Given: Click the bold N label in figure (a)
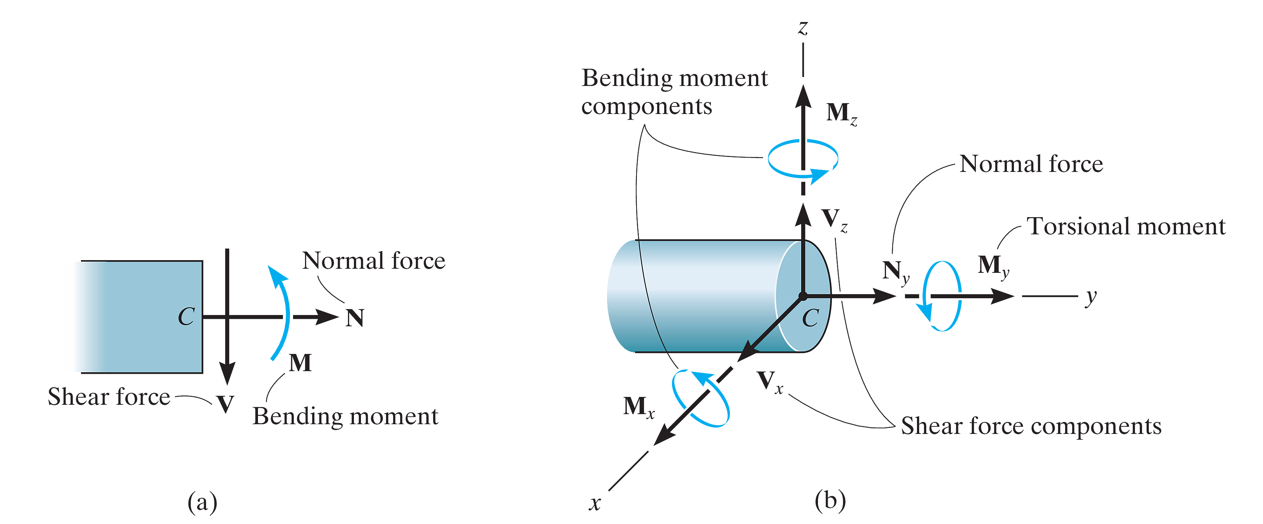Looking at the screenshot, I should (354, 318).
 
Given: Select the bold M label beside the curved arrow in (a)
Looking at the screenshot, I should (300, 363).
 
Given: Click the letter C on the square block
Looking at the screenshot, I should (186, 317).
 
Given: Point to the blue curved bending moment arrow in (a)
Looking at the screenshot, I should (283, 314).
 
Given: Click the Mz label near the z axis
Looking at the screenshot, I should (841, 113).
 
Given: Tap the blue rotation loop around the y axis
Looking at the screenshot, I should (942, 296).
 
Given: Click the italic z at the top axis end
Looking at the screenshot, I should (803, 28).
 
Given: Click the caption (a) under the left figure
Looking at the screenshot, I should (202, 502).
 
